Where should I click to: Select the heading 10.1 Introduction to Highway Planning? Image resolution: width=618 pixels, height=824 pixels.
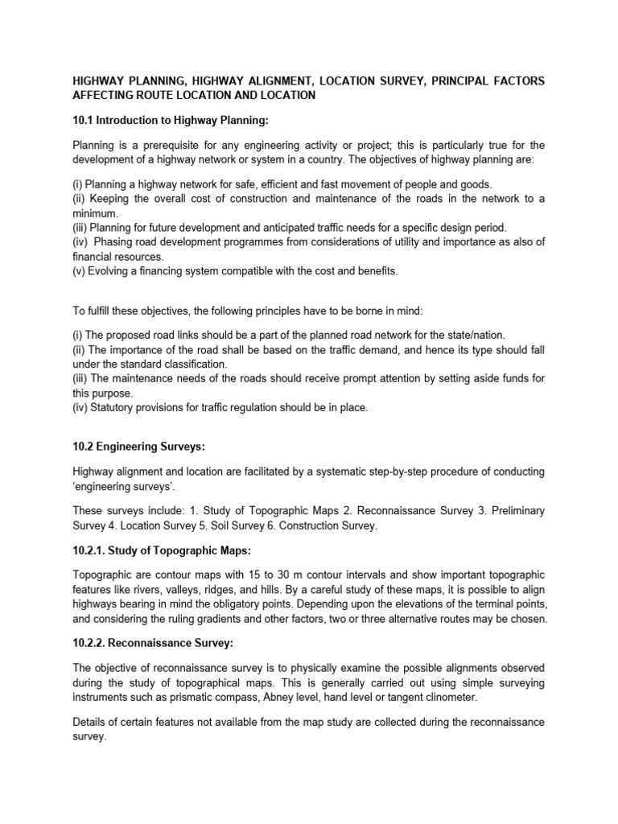coord(170,121)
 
